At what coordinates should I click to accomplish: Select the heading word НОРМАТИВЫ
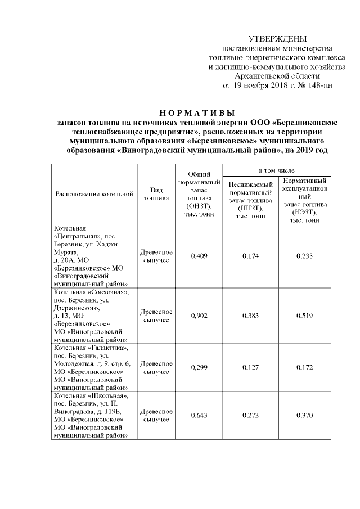click(x=192, y=112)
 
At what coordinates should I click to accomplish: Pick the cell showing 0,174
click(x=251, y=256)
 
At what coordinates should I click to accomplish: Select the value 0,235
click(x=305, y=256)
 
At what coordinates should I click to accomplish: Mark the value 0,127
click(x=251, y=367)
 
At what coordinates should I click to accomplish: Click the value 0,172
click(x=305, y=367)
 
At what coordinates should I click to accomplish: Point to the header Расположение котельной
click(x=94, y=194)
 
